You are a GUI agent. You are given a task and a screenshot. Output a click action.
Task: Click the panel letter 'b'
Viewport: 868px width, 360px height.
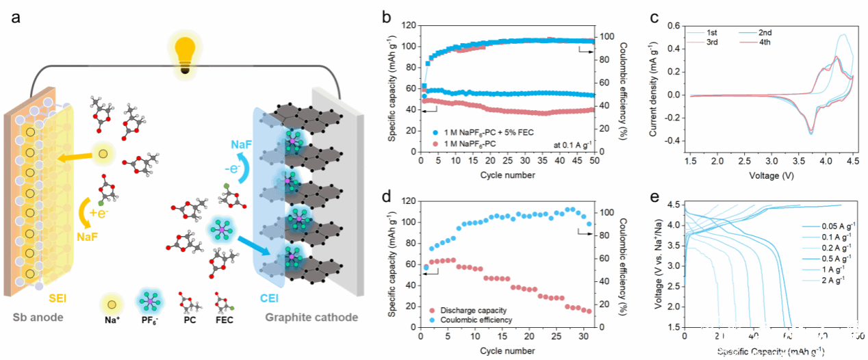pos(387,15)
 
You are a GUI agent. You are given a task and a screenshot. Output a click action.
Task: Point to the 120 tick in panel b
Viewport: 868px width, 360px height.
pos(409,25)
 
